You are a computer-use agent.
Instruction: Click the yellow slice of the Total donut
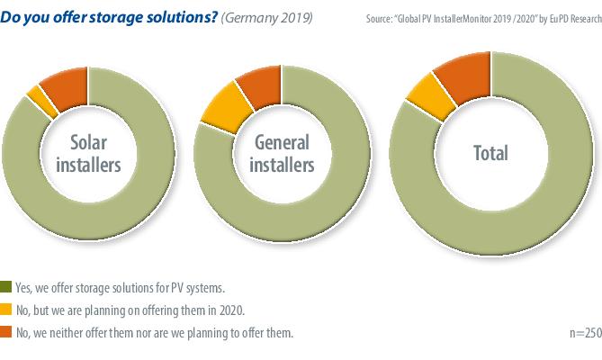coord(419,98)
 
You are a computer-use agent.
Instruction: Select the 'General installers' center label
coord(283,154)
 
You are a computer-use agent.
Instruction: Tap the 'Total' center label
coord(490,153)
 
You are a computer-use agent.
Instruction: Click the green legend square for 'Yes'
coord(7,288)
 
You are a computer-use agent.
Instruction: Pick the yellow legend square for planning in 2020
coord(7,310)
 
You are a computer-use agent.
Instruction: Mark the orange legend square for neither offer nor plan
coord(7,333)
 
